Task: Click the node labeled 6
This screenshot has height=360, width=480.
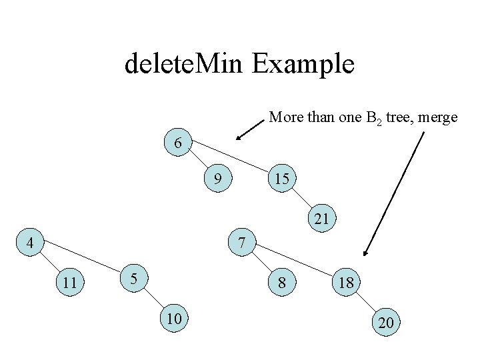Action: coord(178,143)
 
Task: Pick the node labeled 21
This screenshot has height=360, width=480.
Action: coord(322,218)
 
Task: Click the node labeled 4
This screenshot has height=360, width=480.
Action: coord(29,243)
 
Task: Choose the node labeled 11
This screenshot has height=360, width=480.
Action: coord(69,282)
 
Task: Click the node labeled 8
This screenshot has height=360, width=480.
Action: coord(282,283)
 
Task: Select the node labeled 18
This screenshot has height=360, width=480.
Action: coord(345,283)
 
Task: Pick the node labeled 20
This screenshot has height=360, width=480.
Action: coord(385,323)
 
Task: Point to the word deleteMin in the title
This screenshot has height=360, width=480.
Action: coord(183,64)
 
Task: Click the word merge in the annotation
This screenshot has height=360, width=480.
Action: coord(437,117)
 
